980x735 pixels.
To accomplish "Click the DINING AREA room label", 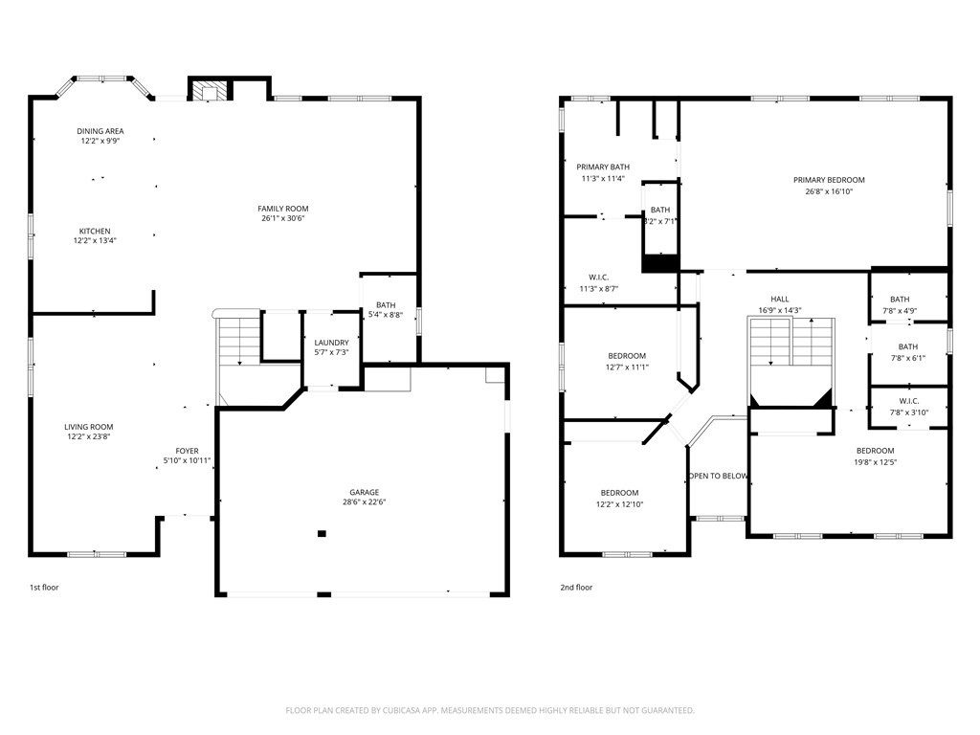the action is click(100, 131).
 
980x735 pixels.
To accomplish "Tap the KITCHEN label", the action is click(95, 232).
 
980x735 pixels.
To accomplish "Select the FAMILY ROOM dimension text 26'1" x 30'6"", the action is click(283, 218).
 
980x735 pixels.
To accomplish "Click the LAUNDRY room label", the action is click(331, 343).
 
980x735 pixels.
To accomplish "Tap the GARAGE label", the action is click(365, 492).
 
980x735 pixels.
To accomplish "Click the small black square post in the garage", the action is click(322, 533).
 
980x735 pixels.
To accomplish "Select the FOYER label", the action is click(187, 451).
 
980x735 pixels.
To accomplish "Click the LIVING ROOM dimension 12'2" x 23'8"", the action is click(89, 436).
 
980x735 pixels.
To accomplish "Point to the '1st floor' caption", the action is click(44, 588).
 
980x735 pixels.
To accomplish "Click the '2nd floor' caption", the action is click(576, 588).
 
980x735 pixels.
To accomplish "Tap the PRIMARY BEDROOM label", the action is click(829, 180).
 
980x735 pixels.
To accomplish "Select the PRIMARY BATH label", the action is click(603, 167).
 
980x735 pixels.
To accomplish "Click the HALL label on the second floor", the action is click(780, 299).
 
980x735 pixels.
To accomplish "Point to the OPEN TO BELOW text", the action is click(718, 477).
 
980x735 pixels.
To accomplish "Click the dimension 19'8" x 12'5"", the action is click(876, 462).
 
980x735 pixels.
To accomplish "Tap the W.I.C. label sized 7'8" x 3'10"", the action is click(909, 401).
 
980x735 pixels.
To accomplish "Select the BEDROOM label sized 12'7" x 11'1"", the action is click(627, 356).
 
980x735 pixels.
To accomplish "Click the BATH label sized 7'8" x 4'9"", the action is click(900, 300).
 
